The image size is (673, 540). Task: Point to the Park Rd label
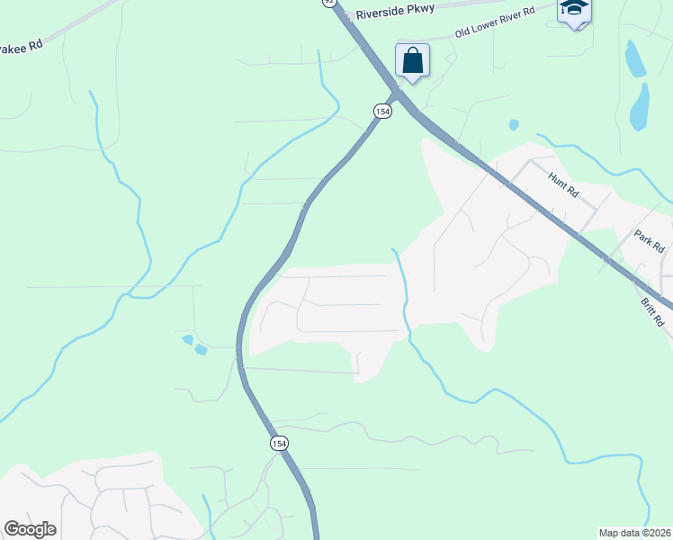tap(649, 242)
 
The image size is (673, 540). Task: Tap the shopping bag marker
tap(412, 61)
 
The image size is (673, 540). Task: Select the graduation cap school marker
tap(574, 11)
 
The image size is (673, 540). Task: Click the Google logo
tap(30, 529)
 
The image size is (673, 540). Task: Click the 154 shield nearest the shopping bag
tap(382, 111)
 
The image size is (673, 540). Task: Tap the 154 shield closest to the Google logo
tap(280, 443)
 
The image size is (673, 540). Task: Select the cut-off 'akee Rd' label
tap(22, 46)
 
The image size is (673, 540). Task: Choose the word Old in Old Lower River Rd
tap(464, 32)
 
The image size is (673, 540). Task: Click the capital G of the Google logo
tap(12, 528)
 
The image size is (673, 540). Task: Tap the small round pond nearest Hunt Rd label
tap(513, 125)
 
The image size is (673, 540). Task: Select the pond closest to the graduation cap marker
tap(634, 58)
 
